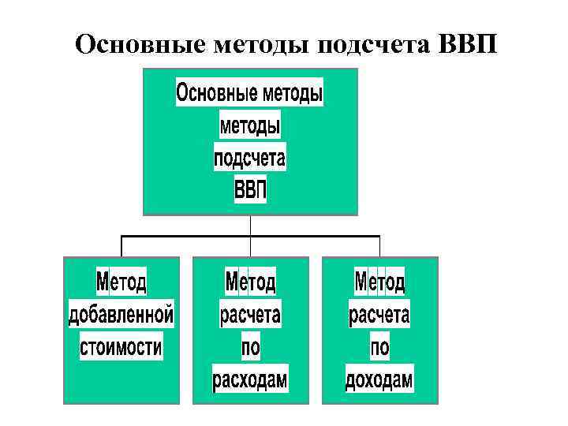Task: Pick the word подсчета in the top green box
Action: coord(250,159)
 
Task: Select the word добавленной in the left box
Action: coord(121,315)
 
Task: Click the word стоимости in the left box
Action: coord(121,346)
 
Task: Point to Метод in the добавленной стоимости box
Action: coord(121,282)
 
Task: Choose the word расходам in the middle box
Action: coord(250,380)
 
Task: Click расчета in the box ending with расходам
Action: coord(250,315)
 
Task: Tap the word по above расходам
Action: coord(250,347)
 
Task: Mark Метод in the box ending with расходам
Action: coord(250,282)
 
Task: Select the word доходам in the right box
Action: coord(379,380)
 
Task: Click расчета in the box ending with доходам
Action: coord(379,315)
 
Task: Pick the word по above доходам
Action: coord(379,347)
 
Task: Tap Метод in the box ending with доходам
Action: coord(379,282)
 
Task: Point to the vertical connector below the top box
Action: coord(250,225)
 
